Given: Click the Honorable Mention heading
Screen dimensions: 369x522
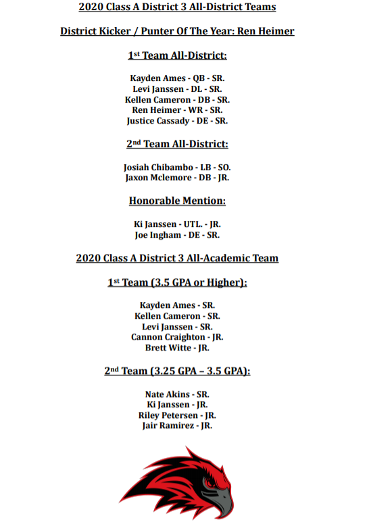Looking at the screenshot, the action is tap(177, 201).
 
